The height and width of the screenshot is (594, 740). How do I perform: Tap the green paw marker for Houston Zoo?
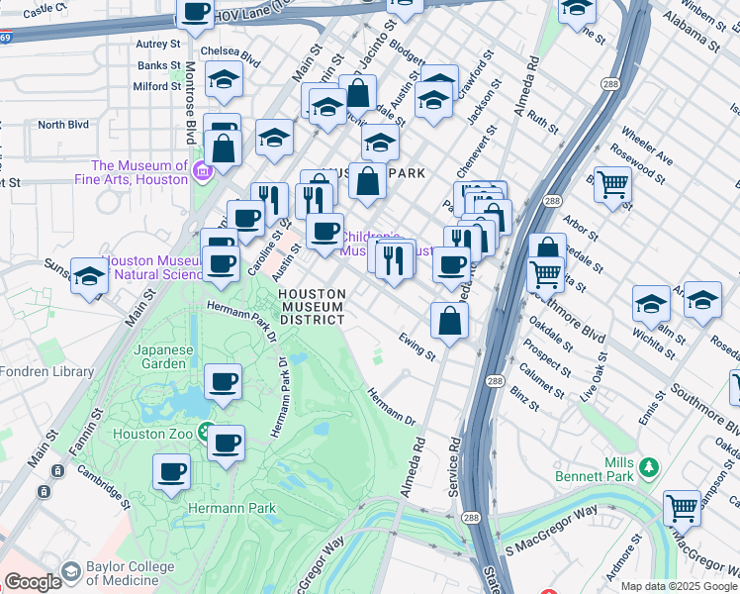(x=206, y=432)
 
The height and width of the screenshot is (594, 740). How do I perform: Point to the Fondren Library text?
(x=46, y=372)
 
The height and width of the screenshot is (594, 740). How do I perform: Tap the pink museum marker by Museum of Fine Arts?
(x=203, y=171)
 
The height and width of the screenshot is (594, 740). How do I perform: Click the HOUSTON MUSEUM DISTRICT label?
(x=312, y=307)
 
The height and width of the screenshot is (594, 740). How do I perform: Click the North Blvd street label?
(x=63, y=125)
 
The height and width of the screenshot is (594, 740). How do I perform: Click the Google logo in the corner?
(x=33, y=582)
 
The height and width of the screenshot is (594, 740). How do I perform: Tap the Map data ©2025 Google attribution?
(x=678, y=586)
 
